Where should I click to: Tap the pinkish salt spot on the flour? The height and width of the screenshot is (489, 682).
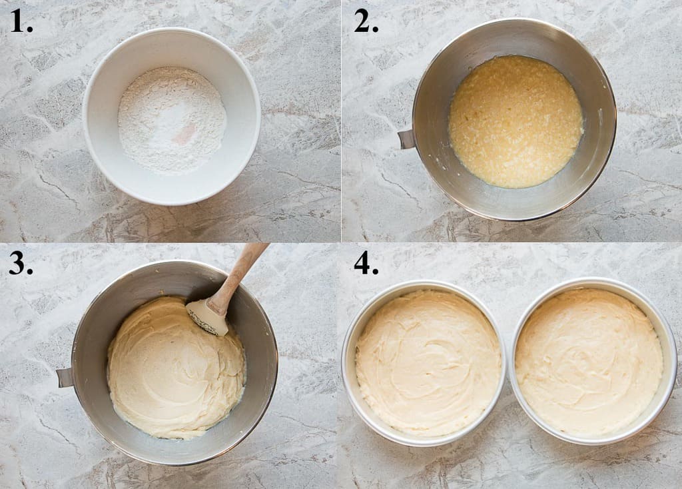coord(186,131)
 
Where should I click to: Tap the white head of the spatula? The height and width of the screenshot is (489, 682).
coord(206,316)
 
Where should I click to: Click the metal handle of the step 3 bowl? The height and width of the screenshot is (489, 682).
coord(65,377)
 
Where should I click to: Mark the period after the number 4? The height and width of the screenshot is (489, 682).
coord(376,272)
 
